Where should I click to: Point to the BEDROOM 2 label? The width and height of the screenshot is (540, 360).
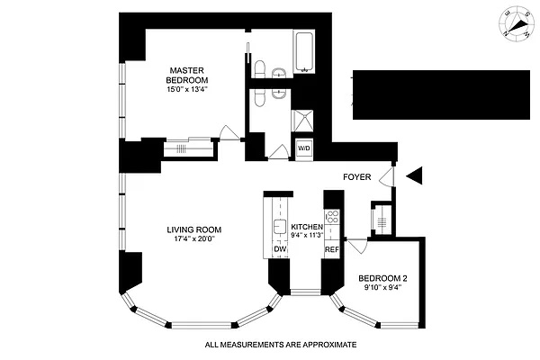[x=384, y=277]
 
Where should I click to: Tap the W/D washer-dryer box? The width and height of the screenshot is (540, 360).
[x=303, y=148]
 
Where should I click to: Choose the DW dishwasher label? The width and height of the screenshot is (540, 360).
[x=278, y=249]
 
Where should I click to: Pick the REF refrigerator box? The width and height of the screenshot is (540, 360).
[x=331, y=249]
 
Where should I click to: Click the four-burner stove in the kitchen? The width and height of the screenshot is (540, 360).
[x=331, y=217]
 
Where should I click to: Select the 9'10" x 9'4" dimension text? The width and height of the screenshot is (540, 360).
[x=384, y=288]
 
